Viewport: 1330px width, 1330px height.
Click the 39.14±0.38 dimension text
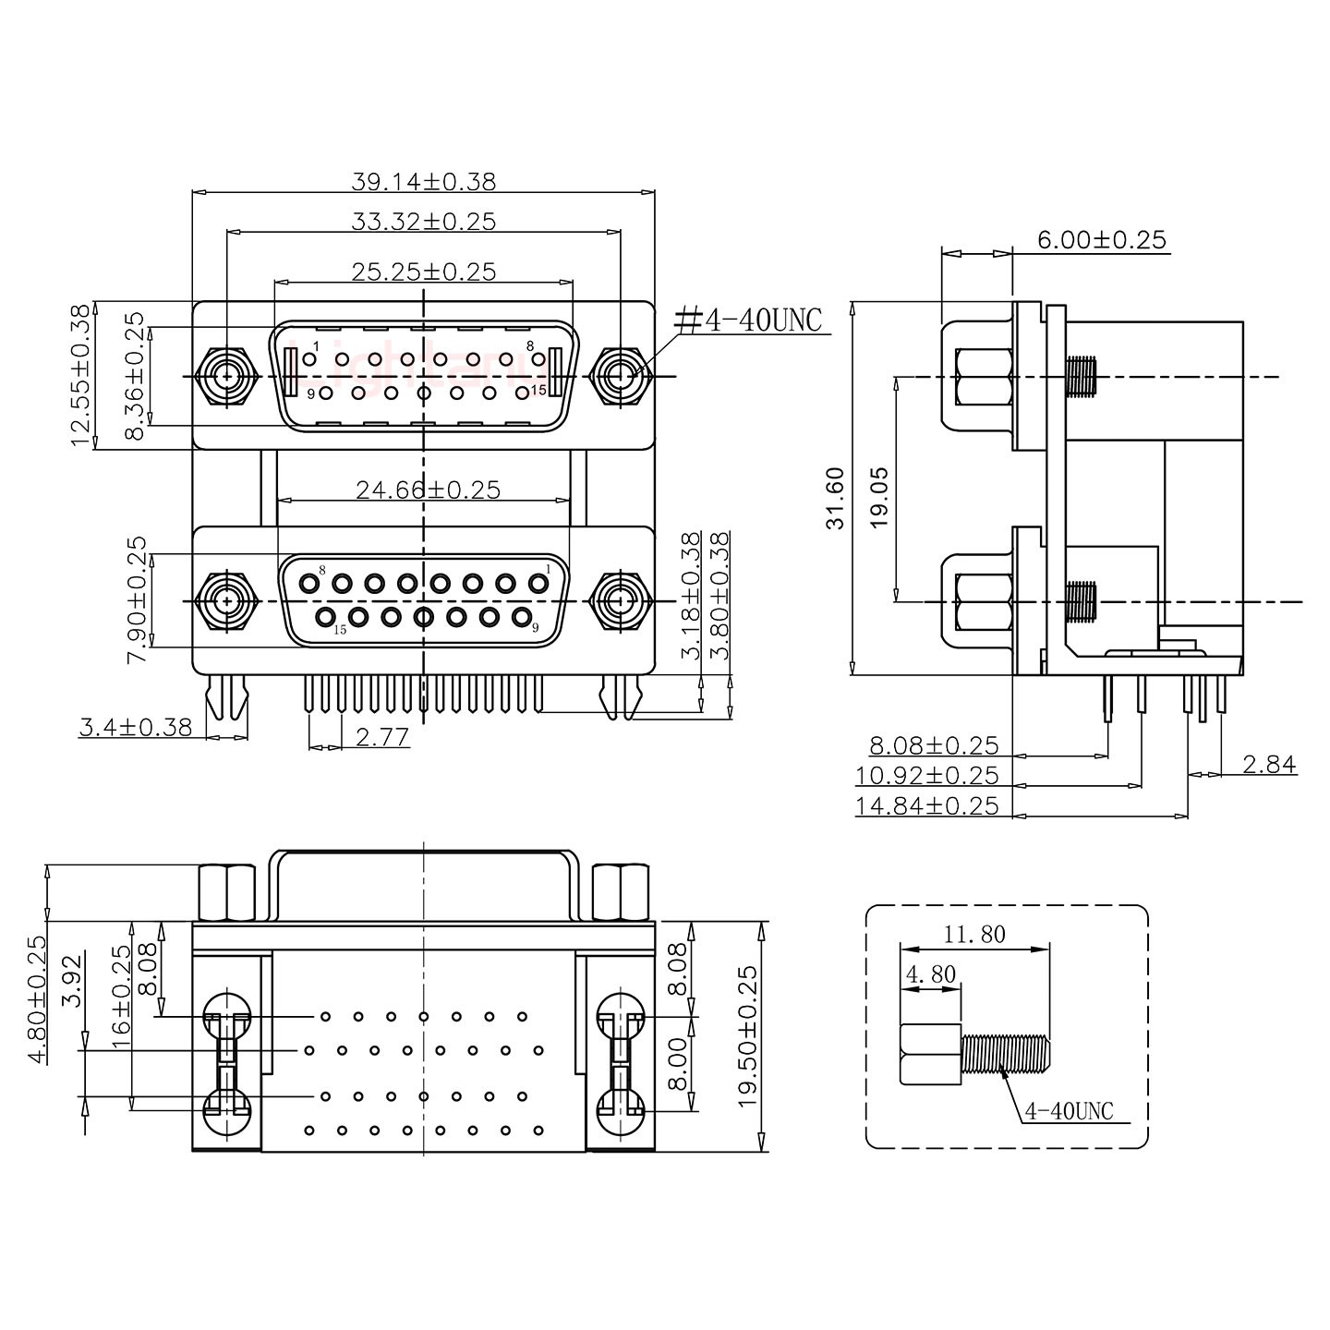pos(423,181)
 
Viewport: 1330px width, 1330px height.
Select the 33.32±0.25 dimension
pos(423,222)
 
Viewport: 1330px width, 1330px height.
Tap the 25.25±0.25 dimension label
pos(423,272)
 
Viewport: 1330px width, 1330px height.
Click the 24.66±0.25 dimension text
pos(428,490)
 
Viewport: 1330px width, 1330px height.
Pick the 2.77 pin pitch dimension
pos(381,736)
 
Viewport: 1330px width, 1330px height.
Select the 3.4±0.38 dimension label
pos(136,728)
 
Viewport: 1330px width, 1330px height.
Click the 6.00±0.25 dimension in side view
pos(1102,240)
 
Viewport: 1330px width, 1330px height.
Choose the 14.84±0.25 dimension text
pos(926,805)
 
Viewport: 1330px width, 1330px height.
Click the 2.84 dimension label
pos(1269,764)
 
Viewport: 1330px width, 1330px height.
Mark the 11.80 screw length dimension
pos(974,935)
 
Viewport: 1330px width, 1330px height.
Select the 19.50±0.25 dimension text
pos(747,1036)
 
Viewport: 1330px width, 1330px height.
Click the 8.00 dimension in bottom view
pos(679,1062)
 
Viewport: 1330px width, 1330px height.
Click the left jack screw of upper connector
pos(226,377)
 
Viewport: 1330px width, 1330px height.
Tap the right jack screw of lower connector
pos(620,601)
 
